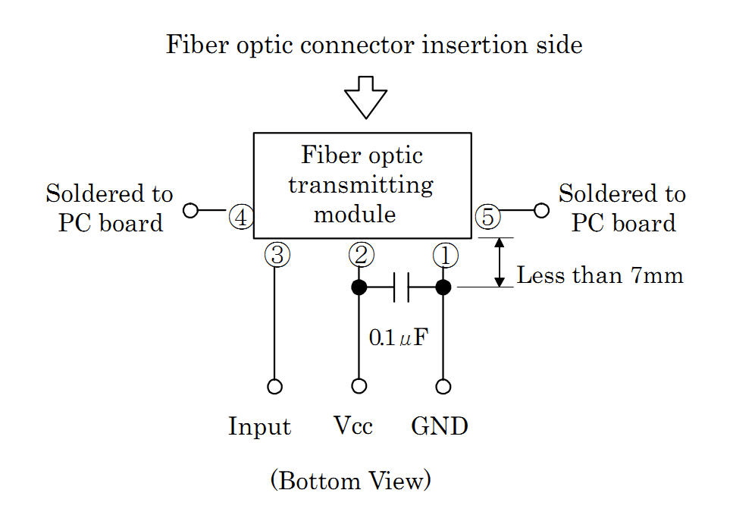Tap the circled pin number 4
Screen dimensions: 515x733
coord(241,218)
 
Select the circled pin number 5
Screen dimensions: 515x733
coord(487,218)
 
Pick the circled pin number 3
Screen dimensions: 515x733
coord(277,256)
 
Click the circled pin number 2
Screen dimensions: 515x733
coord(360,256)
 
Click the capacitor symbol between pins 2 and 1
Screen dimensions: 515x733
coord(402,287)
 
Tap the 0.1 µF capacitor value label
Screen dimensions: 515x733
coord(394,338)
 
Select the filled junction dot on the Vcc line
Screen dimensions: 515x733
coord(359,287)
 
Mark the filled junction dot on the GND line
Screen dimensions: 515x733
coord(443,287)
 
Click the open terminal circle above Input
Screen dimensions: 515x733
coord(275,387)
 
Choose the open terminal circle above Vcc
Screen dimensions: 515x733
coord(359,387)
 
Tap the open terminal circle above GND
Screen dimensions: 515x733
coord(443,387)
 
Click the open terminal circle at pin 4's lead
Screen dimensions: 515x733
coord(190,210)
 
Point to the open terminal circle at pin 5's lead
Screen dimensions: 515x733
coord(541,210)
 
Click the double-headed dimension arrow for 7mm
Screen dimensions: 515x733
coord(500,262)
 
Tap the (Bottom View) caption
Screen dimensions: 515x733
coord(351,481)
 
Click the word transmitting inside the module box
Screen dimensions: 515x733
coord(361,186)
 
